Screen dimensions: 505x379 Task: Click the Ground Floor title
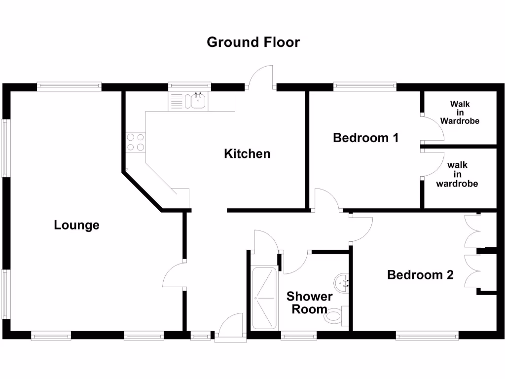pyautogui.click(x=253, y=42)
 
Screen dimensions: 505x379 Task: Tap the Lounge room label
pyautogui.click(x=76, y=226)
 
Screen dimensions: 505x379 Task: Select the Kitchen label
pyautogui.click(x=247, y=153)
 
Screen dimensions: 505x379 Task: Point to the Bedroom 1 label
pyautogui.click(x=365, y=137)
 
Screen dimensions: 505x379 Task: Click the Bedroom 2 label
pyautogui.click(x=420, y=275)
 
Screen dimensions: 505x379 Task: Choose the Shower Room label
pyautogui.click(x=310, y=303)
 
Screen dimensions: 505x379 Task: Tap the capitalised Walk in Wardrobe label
pyautogui.click(x=460, y=112)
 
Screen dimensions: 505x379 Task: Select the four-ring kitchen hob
pyautogui.click(x=135, y=142)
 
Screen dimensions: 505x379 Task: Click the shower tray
pyautogui.click(x=265, y=299)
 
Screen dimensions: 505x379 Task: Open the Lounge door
pyautogui.click(x=174, y=275)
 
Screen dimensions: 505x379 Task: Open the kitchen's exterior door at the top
pyautogui.click(x=261, y=78)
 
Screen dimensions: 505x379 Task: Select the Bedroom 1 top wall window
pyautogui.click(x=364, y=87)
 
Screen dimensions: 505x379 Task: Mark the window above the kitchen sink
pyautogui.click(x=189, y=87)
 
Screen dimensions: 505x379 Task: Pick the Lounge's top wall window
pyautogui.click(x=70, y=87)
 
